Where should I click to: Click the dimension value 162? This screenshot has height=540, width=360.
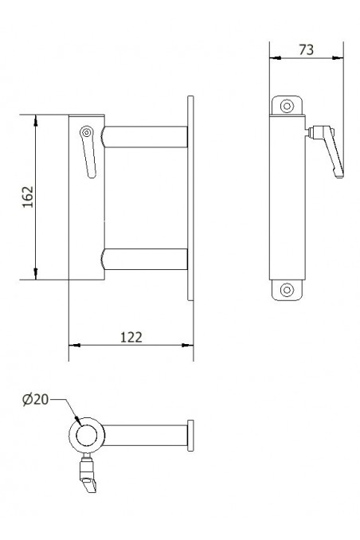coord(26,198)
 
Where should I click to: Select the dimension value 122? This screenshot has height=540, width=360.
coord(131,336)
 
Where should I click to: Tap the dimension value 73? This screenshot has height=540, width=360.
coord(306,49)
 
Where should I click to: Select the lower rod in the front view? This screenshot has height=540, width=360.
coord(145,259)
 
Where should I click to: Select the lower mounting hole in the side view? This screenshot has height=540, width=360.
coord(287,290)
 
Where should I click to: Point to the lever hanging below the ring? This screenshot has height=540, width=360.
coord(87,475)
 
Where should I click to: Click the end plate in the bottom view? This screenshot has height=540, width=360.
coord(190,435)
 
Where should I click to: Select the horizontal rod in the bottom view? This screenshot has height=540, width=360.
coord(143,435)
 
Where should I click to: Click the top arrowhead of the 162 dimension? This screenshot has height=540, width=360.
coord(37,120)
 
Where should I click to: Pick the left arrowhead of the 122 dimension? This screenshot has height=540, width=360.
coord(74,346)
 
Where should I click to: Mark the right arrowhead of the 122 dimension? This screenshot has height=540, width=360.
coord(189,346)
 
